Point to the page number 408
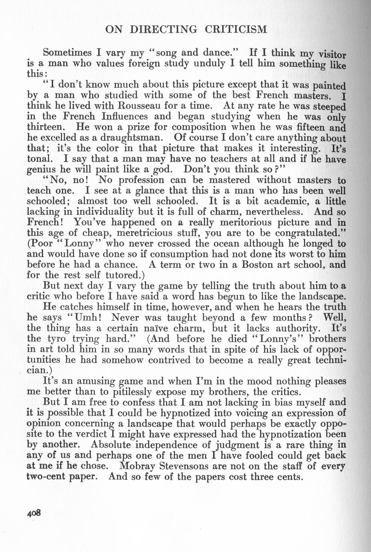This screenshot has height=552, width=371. [35, 514]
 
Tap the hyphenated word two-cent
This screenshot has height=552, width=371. [50, 477]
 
